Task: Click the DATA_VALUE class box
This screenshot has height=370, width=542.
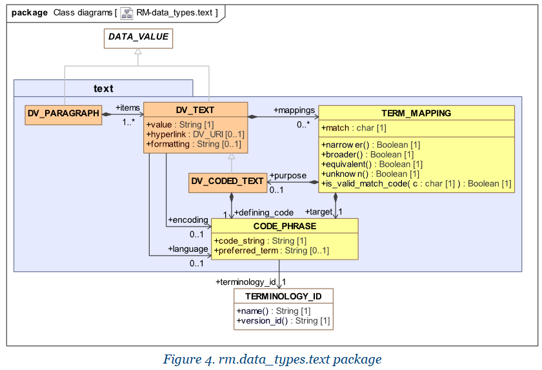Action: point(138,37)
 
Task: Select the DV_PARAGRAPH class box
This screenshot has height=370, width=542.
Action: point(63,114)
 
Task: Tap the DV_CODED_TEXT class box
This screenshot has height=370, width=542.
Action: point(227,183)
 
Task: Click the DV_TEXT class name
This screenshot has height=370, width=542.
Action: point(195,110)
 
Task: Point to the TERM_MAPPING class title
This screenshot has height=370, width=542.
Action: point(416,113)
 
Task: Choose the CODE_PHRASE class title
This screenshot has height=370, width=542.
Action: point(285,226)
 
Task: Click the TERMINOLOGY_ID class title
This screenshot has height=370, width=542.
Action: point(283,296)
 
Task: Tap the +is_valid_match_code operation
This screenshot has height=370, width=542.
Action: point(416,183)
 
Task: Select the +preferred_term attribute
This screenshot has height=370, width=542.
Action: point(272,251)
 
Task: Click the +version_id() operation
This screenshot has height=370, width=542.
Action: point(283,320)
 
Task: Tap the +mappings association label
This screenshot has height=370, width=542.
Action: point(294,110)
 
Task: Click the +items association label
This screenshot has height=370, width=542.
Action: point(128,107)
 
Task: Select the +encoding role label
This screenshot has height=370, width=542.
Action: point(188,220)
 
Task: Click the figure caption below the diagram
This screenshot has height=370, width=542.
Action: point(272,359)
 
